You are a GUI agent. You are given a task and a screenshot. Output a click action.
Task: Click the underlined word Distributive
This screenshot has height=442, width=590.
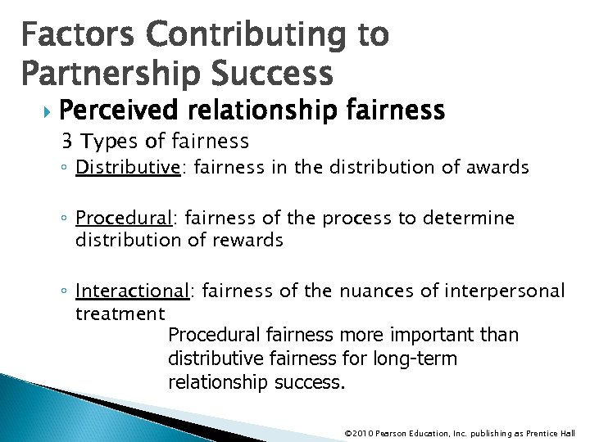tap(127, 168)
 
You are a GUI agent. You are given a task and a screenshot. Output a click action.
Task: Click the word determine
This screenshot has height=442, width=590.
tap(469, 219)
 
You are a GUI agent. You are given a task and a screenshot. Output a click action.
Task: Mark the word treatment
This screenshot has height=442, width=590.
tap(120, 313)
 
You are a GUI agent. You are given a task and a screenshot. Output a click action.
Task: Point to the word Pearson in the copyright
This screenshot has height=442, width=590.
tap(393, 433)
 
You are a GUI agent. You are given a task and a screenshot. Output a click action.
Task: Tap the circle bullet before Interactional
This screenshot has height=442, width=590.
tap(67, 291)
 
